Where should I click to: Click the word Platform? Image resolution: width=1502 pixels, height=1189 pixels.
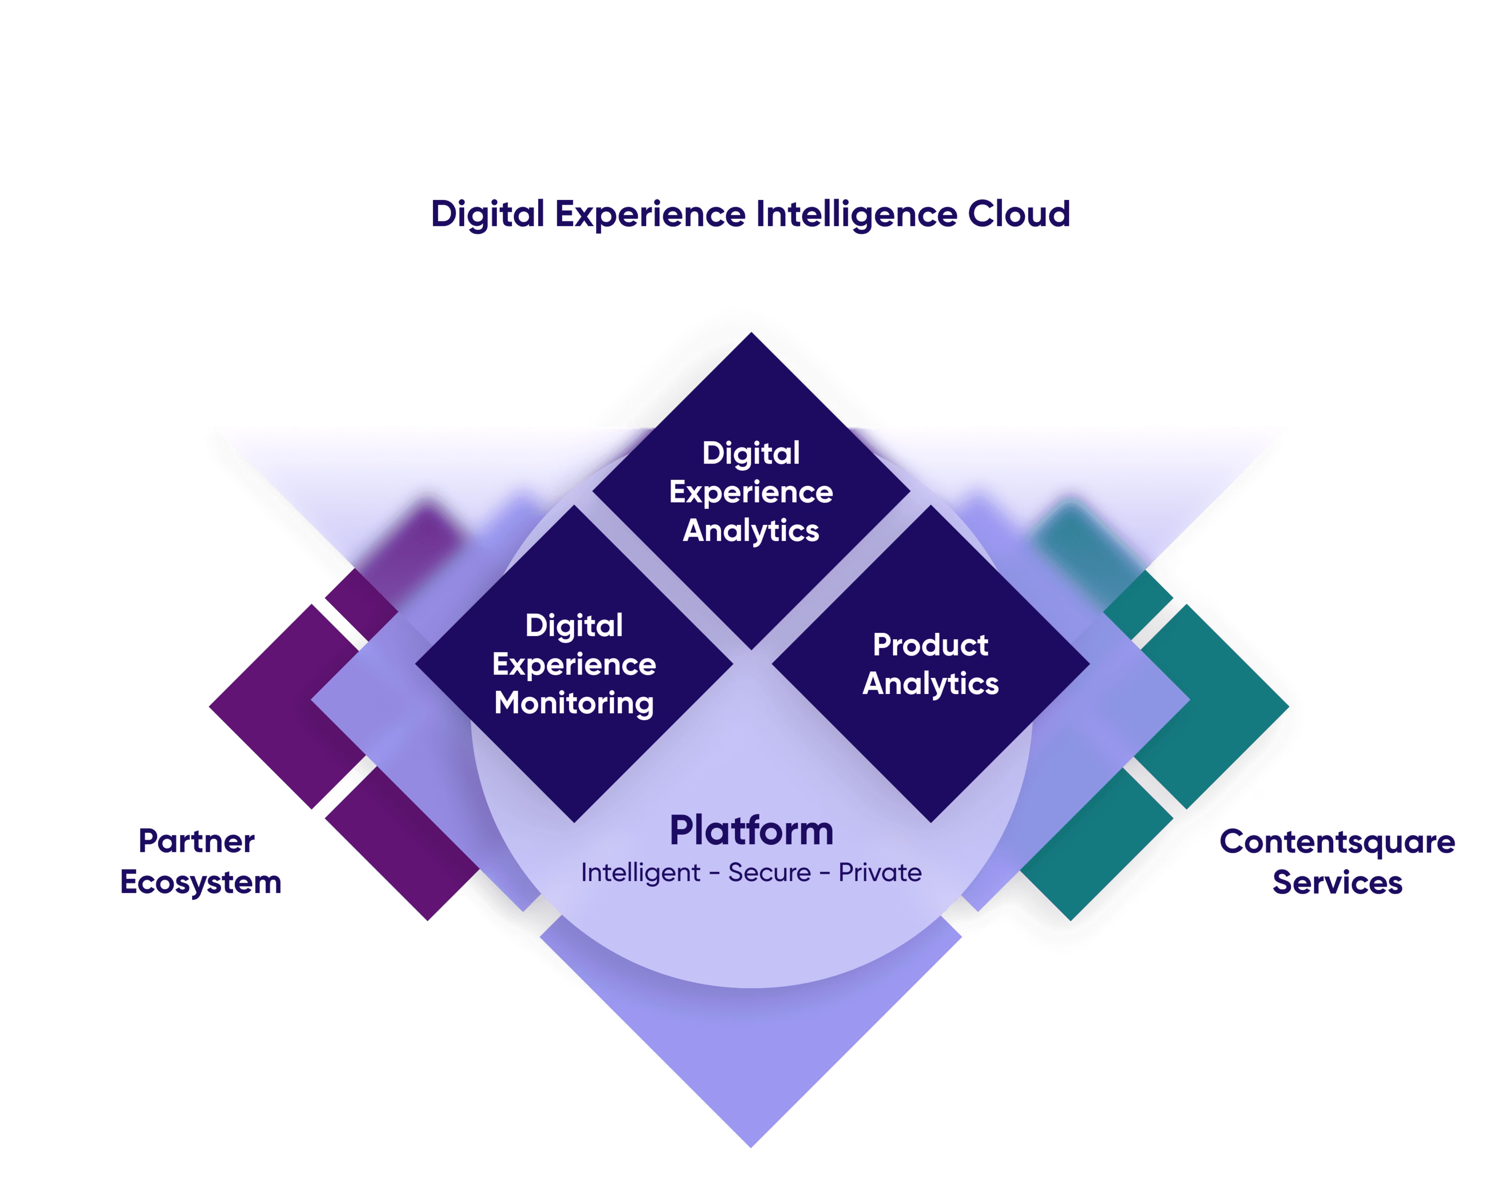pos(751,830)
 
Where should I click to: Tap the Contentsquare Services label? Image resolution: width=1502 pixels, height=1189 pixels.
pos(1337,862)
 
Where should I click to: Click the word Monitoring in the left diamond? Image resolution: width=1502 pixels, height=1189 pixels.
pos(574,703)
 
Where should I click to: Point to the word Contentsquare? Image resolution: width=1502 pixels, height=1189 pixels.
pos(1337,842)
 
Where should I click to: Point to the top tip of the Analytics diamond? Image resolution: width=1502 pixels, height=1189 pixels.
pos(751,338)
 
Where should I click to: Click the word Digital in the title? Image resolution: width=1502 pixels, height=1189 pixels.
pos(487,214)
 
